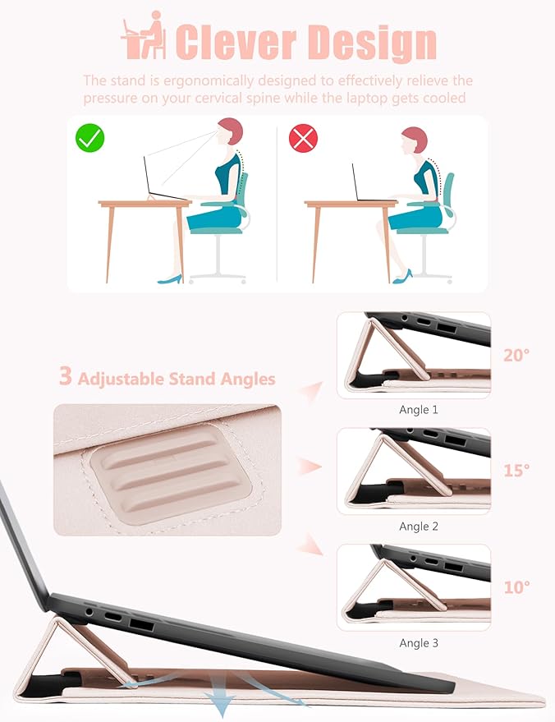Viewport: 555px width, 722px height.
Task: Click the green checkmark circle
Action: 89,138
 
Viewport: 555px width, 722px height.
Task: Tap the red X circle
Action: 303,138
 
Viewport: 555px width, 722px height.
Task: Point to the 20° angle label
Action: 516,355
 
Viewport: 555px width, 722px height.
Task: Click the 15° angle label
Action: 516,470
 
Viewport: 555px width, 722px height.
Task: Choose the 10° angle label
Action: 516,587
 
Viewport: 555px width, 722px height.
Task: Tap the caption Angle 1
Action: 419,410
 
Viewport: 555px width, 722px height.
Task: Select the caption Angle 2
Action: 419,527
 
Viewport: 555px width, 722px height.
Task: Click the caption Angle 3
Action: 419,643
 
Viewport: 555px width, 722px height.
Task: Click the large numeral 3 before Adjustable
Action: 66,375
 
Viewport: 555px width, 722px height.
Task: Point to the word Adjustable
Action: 121,379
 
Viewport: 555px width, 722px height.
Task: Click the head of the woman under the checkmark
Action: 229,131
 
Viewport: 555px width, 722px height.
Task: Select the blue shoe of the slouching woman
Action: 402,277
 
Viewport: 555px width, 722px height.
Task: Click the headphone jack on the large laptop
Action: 89,613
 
